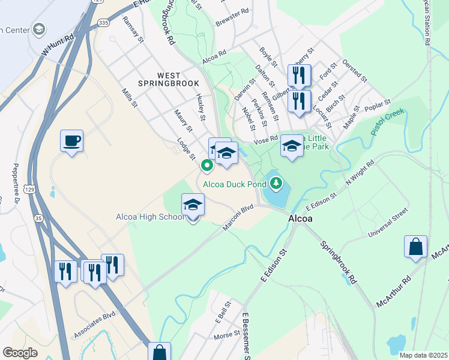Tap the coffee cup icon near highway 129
tap(71, 142)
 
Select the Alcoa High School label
tap(150, 217)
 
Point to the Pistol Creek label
tap(388, 121)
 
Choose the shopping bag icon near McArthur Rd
tap(415, 247)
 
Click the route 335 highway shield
tap(103, 23)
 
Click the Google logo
tap(20, 353)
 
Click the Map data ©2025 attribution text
tap(423, 355)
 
